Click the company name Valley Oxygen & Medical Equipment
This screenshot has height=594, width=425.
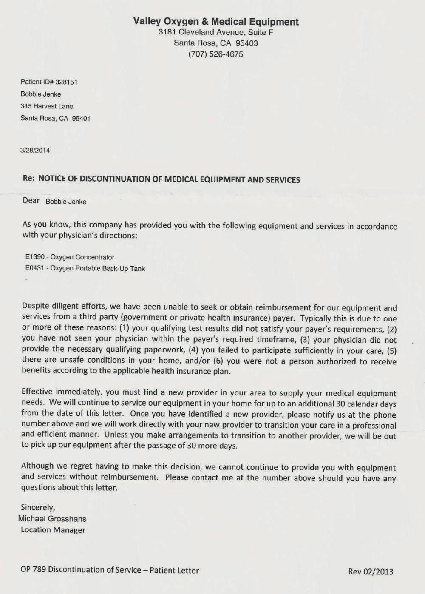point(216,22)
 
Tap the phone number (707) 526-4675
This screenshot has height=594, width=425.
point(215,54)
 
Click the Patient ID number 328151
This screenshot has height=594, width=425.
point(66,82)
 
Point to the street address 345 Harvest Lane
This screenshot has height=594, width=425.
point(47,106)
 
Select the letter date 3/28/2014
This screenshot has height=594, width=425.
point(35,150)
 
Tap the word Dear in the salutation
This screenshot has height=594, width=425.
point(31,201)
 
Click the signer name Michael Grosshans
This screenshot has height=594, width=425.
point(52,519)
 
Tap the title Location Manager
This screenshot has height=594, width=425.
point(53,530)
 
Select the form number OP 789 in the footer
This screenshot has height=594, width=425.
point(33,570)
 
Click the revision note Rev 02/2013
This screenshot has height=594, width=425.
point(371,572)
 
